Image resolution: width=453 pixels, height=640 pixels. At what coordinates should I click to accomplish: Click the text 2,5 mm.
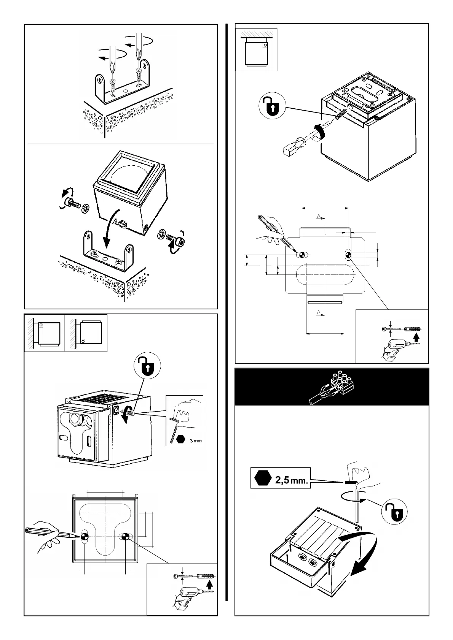pyautogui.click(x=291, y=480)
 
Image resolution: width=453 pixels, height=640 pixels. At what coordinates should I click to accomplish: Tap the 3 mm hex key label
pyautogui.click(x=196, y=440)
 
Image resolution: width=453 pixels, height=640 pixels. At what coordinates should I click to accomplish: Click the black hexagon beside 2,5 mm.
pyautogui.click(x=263, y=478)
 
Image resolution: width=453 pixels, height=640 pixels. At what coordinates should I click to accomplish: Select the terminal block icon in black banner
pyautogui.click(x=332, y=386)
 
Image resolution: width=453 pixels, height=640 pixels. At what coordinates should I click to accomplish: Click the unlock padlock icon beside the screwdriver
pyautogui.click(x=273, y=105)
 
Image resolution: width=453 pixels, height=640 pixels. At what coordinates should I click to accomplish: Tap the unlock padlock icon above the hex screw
pyautogui.click(x=147, y=366)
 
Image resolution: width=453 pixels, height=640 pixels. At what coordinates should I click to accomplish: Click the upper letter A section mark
pyautogui.click(x=319, y=217)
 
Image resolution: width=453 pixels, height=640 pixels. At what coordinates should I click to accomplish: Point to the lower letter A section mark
pyautogui.click(x=319, y=313)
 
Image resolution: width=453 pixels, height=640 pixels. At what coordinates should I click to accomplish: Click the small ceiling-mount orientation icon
pyautogui.click(x=256, y=49)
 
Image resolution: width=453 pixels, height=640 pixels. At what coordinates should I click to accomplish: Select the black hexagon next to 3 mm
pyautogui.click(x=180, y=439)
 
